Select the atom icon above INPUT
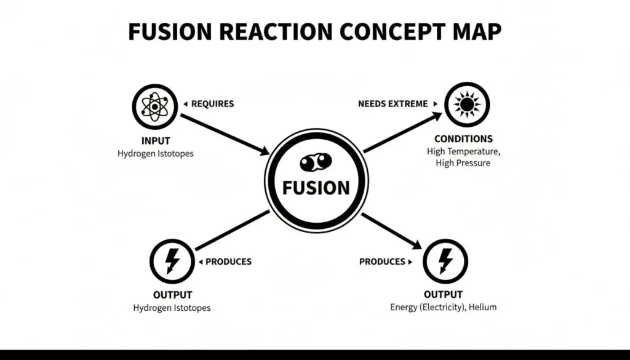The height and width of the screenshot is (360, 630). point(155,106)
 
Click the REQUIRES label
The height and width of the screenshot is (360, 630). point(212,104)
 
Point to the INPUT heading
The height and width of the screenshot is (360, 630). point(155,140)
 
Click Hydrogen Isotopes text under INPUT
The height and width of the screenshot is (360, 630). point(155,153)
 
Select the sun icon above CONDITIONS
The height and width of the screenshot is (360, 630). point(467,105)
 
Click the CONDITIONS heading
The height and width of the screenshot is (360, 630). point(463,138)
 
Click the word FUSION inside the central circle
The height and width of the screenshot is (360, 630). point(316,188)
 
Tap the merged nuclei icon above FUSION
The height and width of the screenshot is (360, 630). point(316,162)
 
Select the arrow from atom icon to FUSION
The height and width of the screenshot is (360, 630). point(225,134)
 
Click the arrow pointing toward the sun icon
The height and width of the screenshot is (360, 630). point(402,132)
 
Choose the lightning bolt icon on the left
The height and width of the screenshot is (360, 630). point(172,261)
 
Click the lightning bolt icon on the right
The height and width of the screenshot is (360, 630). point(445,261)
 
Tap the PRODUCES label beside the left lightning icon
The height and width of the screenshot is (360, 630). point(228,262)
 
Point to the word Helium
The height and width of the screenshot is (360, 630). point(484,307)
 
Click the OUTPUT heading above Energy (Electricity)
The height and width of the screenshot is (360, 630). point(443,295)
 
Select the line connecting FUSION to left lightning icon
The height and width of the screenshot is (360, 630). point(233,230)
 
